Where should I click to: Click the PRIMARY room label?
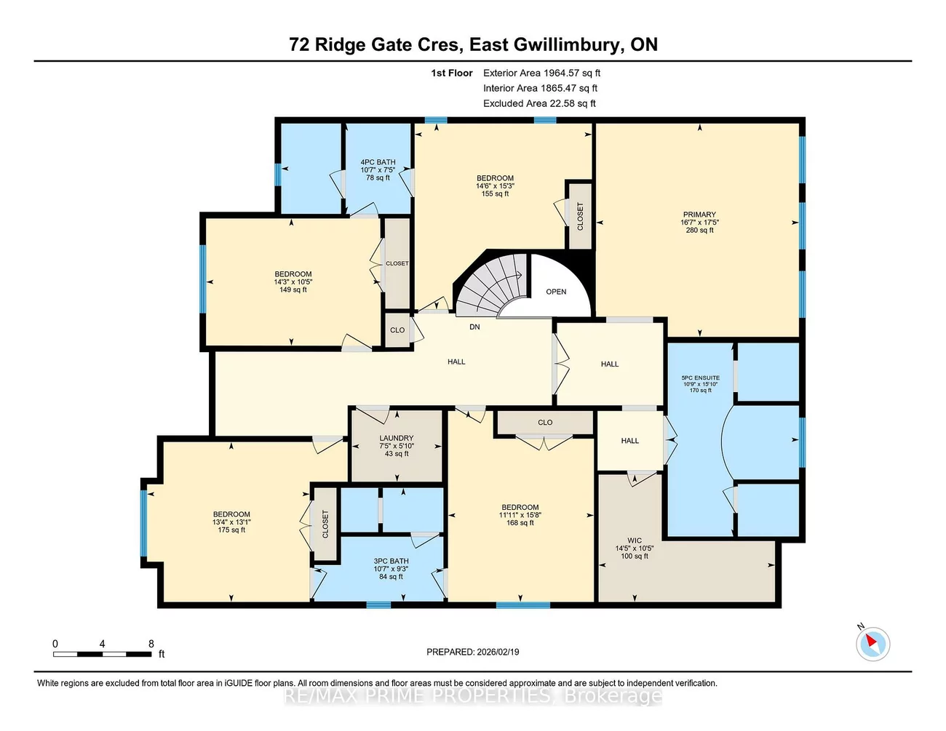699,215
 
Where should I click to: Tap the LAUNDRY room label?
396,439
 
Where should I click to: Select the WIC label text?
635,540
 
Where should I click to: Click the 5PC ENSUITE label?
700,378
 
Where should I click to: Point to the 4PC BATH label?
378,162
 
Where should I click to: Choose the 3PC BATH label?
391,562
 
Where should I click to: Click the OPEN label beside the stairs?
556,292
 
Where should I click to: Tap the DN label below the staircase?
474,327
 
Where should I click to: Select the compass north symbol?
872,643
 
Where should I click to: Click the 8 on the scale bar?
151,644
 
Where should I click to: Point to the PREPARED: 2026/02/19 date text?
472,652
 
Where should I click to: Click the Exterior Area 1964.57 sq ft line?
541,73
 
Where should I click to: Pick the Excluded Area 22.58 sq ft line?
539,103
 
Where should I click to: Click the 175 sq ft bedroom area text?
231,530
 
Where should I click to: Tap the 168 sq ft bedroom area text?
520,523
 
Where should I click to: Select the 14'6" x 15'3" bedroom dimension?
495,186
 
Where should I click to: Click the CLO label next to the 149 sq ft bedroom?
397,330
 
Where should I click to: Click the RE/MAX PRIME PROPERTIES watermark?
472,696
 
